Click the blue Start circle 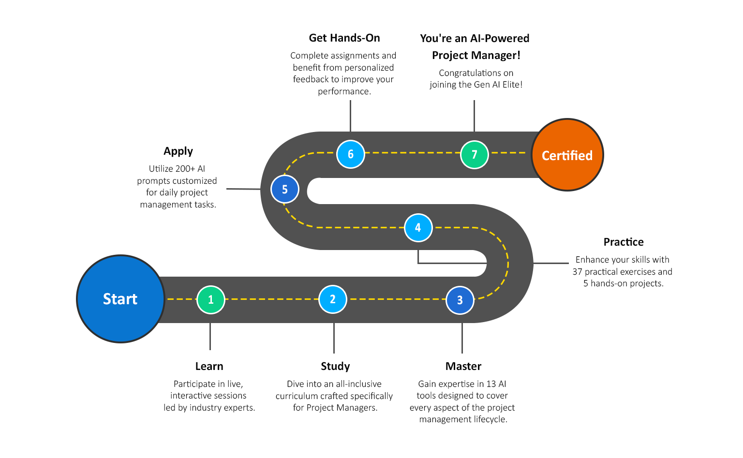tap(120, 299)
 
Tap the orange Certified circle tap(567, 155)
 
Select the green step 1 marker tap(211, 299)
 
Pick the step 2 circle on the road tap(333, 299)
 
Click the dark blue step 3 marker tap(460, 300)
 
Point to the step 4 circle tap(418, 227)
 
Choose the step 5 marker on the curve tap(284, 189)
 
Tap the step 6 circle tap(350, 154)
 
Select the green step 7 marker tap(474, 154)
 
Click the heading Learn tap(209, 366)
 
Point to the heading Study tap(335, 366)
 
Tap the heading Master tap(463, 366)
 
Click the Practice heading tap(623, 242)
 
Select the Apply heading tap(178, 151)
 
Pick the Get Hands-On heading tap(344, 38)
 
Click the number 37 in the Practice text tap(577, 272)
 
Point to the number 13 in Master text tap(491, 384)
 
